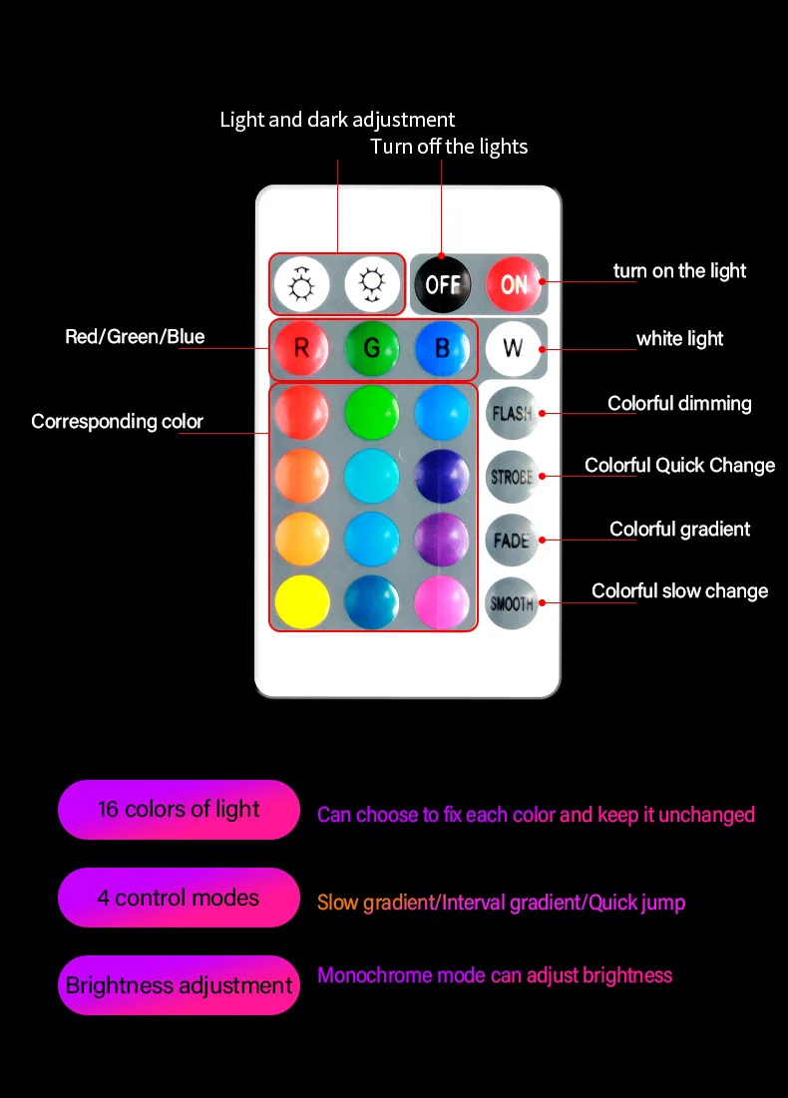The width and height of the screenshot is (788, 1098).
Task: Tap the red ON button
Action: coord(514,284)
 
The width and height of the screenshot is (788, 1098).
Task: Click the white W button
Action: coord(513,348)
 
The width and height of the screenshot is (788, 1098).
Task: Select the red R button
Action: coord(301,348)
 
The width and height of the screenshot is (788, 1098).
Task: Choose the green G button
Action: coord(372,348)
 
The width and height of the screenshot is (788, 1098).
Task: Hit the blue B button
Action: coord(442,348)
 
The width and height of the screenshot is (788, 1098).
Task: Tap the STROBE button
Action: coord(512,476)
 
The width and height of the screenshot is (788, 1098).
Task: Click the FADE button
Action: coord(512,540)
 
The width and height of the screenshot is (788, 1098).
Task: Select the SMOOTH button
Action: coord(512,602)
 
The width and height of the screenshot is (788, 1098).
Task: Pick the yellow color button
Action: coord(301,601)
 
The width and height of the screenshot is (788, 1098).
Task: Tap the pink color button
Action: coord(442,601)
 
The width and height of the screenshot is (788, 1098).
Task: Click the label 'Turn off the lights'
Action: coord(449,147)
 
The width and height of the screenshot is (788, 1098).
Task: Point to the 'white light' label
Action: coord(680,339)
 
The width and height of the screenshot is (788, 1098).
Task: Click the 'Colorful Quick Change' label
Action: coord(679,466)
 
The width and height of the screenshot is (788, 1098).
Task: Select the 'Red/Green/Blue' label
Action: coord(135,337)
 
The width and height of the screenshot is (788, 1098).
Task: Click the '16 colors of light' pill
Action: coord(179,810)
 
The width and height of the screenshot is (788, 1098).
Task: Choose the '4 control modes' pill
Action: coord(179,898)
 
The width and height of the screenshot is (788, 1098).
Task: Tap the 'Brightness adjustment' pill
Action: coord(179,985)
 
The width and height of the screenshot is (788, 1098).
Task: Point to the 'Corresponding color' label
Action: coord(117,422)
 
